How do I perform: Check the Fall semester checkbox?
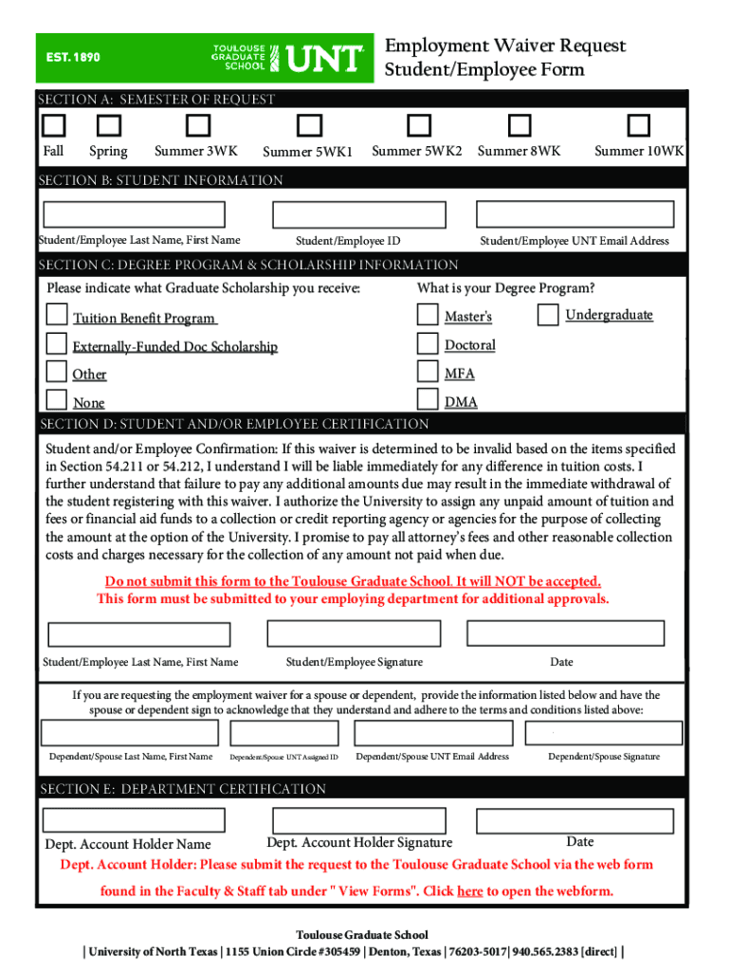point(54,125)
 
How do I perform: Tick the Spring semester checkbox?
point(110,125)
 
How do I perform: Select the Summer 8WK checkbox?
point(519,125)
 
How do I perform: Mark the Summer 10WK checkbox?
point(640,125)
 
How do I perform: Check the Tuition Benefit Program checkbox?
point(58,315)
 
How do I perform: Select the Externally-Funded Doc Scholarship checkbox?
point(58,343)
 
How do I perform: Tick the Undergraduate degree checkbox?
point(548,315)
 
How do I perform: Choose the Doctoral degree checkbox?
point(429,343)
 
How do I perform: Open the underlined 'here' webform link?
point(469,891)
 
